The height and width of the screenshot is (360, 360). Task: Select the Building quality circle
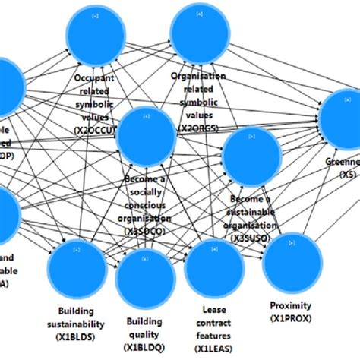pyautogui.click(x=144, y=277)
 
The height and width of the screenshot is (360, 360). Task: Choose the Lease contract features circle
pyautogui.click(x=214, y=267)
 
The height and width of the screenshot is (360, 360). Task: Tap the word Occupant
pyautogui.click(x=99, y=78)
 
